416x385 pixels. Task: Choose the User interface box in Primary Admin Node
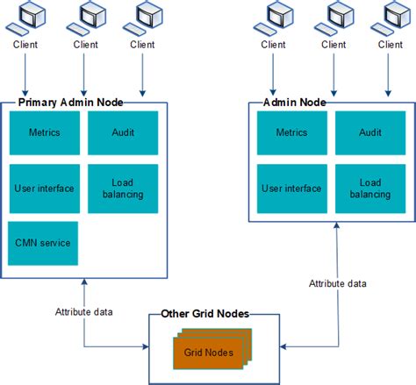click(44, 188)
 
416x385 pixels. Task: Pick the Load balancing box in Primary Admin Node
click(123, 188)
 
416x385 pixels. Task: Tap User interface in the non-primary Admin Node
click(291, 188)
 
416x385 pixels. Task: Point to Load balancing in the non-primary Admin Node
click(369, 188)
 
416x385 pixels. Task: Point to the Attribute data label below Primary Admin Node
click(84, 311)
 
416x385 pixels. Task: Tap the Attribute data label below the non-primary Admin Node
click(337, 283)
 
